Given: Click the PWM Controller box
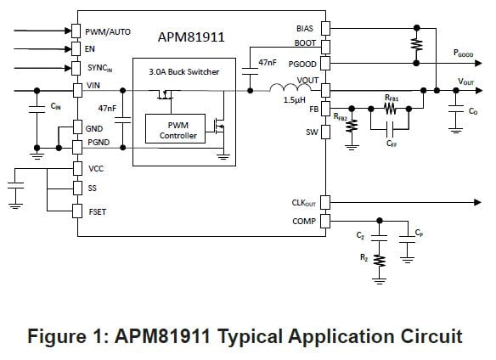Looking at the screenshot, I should [x=178, y=130].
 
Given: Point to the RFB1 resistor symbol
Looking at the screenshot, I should [x=392, y=109].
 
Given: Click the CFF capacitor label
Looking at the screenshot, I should [x=392, y=144].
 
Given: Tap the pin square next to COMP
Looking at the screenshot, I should [x=324, y=222].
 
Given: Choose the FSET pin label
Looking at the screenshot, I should [x=98, y=210].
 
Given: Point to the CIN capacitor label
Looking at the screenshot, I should [x=55, y=107].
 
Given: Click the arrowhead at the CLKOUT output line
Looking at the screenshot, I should [x=469, y=203].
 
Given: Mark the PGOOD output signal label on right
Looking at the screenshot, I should [x=464, y=53].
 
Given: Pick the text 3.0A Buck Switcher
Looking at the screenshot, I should [x=183, y=72].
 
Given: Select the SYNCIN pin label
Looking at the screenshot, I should [x=104, y=67].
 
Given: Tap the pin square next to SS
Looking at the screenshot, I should [x=77, y=188].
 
